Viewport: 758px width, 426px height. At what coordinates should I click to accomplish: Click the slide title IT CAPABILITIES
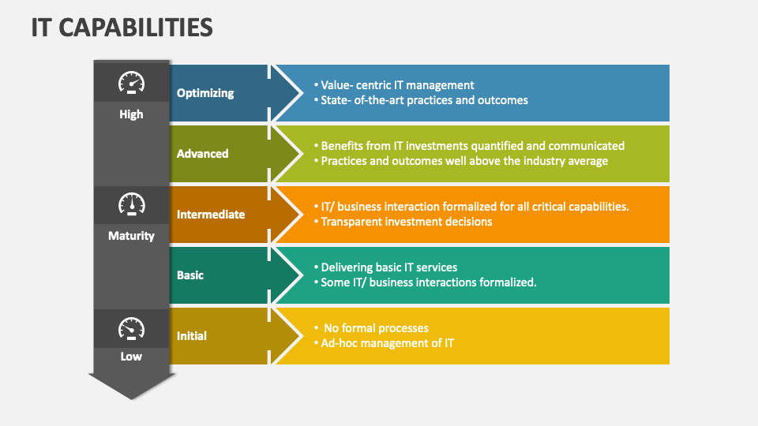point(122,28)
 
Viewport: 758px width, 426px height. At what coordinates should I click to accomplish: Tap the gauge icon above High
point(131,83)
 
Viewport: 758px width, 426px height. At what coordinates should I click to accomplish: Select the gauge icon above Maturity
point(131,204)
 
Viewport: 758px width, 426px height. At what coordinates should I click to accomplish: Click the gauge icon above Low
point(131,327)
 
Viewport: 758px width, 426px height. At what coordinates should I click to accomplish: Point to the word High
point(131,114)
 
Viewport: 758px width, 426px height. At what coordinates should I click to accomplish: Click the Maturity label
point(131,236)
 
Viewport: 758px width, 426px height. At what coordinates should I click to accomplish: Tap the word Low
point(131,357)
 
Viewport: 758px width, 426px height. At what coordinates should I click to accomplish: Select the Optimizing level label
point(205,93)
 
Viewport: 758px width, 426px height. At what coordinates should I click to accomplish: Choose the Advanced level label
point(203,154)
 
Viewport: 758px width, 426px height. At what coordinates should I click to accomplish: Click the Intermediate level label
point(211,215)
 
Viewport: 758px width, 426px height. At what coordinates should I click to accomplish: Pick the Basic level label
point(190,275)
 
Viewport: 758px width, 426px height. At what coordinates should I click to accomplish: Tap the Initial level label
point(192,336)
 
